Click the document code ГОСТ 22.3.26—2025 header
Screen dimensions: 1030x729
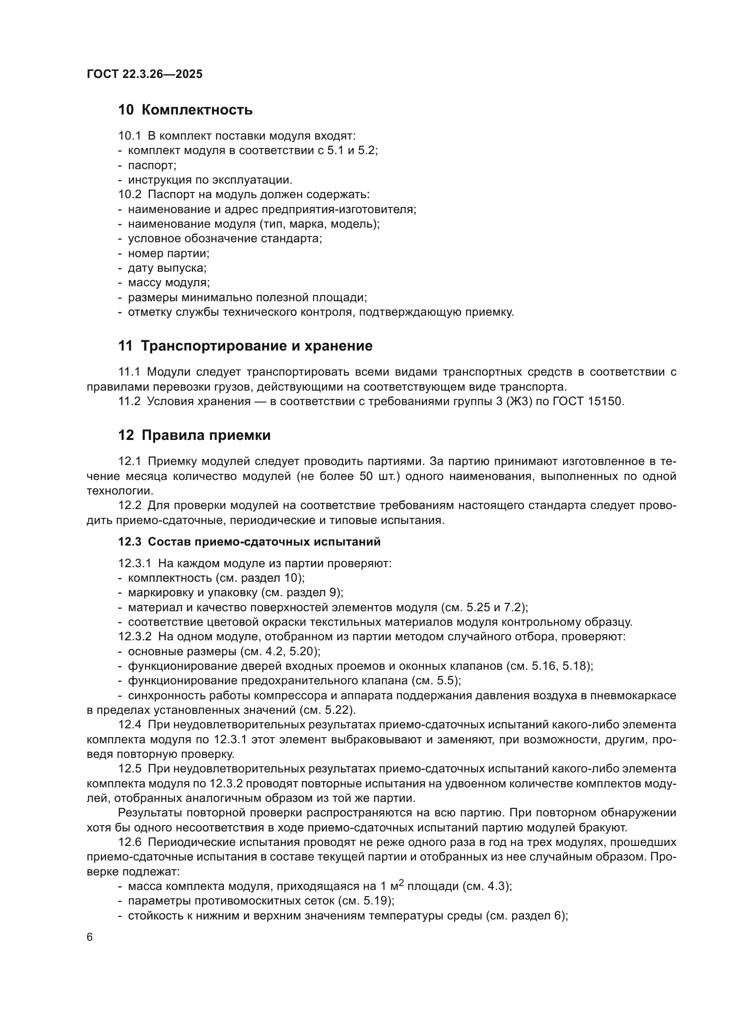click(145, 74)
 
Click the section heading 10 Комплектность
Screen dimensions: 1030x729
click(185, 110)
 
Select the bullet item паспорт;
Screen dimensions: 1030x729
click(152, 166)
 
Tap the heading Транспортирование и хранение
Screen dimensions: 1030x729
click(257, 346)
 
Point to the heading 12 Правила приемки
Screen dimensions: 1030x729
click(194, 435)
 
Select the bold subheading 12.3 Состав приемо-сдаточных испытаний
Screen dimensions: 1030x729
click(249, 542)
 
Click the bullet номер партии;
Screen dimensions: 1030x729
click(169, 254)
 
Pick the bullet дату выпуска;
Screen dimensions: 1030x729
click(167, 268)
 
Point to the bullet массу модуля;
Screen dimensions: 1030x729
click(169, 283)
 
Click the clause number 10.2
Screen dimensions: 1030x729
click(130, 195)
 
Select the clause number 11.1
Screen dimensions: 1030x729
click(129, 372)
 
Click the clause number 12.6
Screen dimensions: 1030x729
click(129, 842)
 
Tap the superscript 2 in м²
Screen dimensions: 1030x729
click(402, 882)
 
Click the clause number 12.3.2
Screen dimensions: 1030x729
click(135, 637)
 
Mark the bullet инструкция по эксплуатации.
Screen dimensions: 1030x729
click(210, 181)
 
